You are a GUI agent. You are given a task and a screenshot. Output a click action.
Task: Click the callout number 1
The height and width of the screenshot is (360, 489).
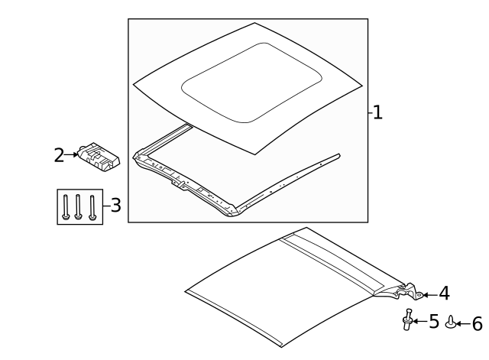point(377,112)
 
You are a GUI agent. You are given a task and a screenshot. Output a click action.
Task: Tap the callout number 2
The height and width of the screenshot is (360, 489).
point(59,155)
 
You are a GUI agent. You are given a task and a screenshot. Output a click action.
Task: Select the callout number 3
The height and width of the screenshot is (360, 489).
point(116,206)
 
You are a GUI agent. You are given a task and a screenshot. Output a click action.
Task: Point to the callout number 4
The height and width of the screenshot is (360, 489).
point(445,294)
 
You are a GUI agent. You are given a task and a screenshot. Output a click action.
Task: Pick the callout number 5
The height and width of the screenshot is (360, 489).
point(434,321)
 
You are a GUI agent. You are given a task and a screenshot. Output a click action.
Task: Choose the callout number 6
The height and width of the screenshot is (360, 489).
point(477,324)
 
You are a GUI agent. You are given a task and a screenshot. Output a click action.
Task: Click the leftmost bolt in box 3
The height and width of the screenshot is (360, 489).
point(66,207)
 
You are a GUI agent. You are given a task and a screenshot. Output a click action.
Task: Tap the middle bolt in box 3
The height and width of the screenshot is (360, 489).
point(78,207)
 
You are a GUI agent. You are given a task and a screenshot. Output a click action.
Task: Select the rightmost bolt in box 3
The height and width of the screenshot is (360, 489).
point(92,207)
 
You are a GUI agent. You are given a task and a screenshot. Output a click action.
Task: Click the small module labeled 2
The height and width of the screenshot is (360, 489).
point(99,157)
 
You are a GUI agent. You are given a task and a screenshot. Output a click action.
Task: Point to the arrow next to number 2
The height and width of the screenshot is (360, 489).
point(71,154)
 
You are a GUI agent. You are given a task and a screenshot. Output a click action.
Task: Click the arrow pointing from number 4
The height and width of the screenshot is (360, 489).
point(430,295)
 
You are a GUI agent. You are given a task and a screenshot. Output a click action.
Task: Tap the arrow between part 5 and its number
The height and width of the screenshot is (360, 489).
point(420,321)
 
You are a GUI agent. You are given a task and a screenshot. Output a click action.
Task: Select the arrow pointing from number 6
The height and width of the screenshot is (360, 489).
point(463,324)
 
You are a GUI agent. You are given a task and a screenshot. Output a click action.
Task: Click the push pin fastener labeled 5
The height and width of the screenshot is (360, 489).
point(407,319)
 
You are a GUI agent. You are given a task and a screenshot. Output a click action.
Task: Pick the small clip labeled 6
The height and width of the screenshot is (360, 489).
point(450,322)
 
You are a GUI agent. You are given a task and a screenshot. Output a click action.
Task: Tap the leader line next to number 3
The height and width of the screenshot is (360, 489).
point(107,206)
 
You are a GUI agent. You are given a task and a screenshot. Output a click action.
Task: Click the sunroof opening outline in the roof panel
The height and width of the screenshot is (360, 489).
point(251,83)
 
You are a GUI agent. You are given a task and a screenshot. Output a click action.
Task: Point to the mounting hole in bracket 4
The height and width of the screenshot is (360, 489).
point(419,295)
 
